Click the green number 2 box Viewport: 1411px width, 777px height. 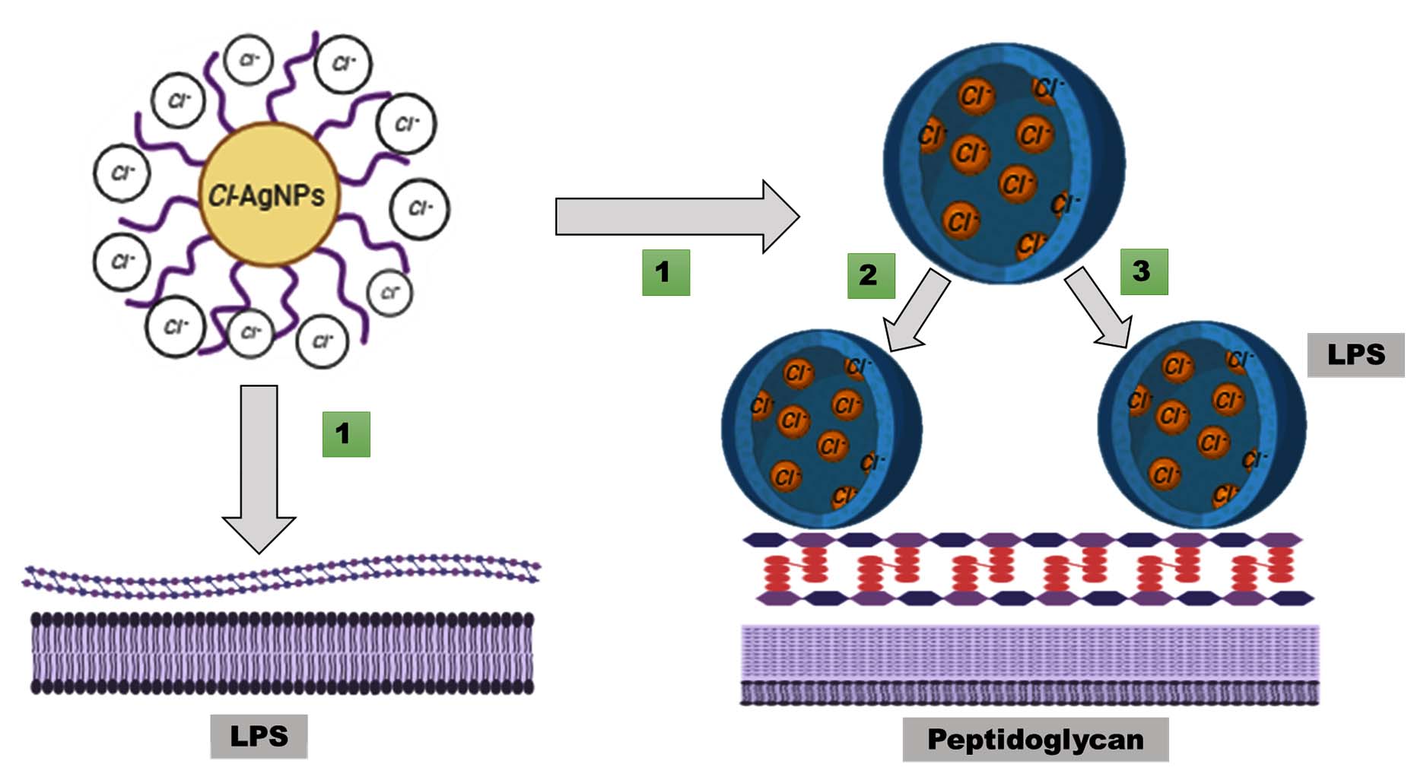870,275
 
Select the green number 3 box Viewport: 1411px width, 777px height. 1143,271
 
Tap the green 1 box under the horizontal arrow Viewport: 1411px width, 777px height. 666,272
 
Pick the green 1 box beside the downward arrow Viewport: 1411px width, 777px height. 346,434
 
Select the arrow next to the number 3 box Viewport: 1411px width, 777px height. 1098,308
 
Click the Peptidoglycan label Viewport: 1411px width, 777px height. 1035,740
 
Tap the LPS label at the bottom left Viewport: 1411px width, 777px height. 259,736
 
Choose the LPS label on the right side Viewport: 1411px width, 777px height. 1355,354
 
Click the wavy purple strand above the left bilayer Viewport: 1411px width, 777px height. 281,577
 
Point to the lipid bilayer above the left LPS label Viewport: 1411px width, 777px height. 281,653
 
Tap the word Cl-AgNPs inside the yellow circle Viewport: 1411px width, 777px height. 266,195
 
